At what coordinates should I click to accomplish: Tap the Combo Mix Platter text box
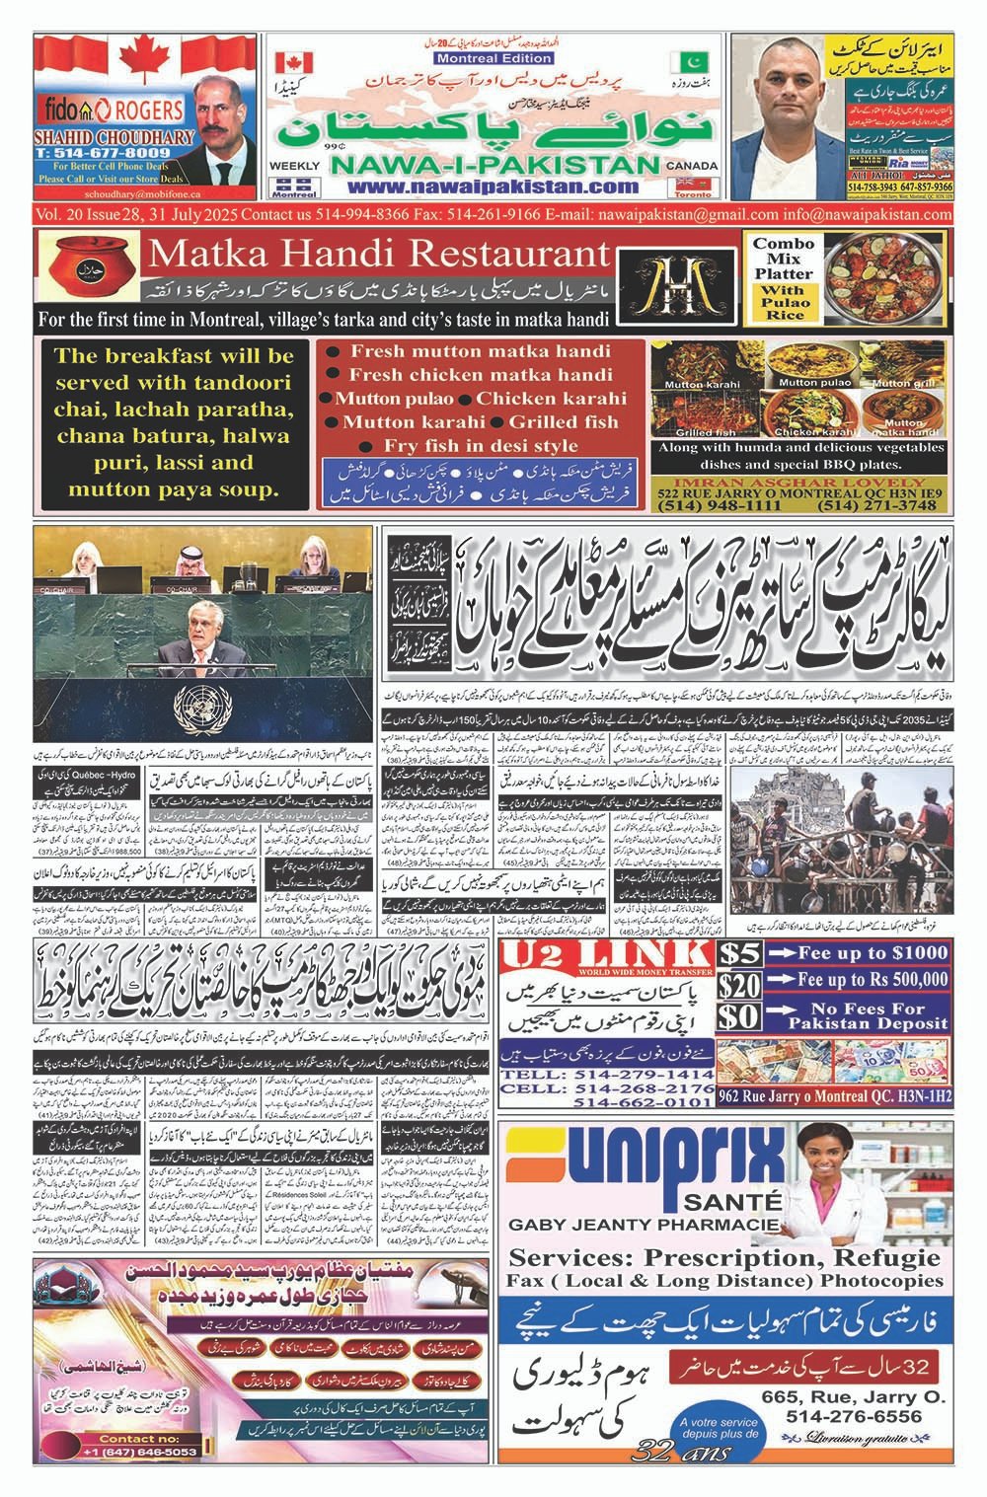[x=784, y=279]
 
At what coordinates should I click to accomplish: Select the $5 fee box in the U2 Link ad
[x=739, y=953]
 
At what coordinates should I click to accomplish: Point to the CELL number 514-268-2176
[x=609, y=1087]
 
